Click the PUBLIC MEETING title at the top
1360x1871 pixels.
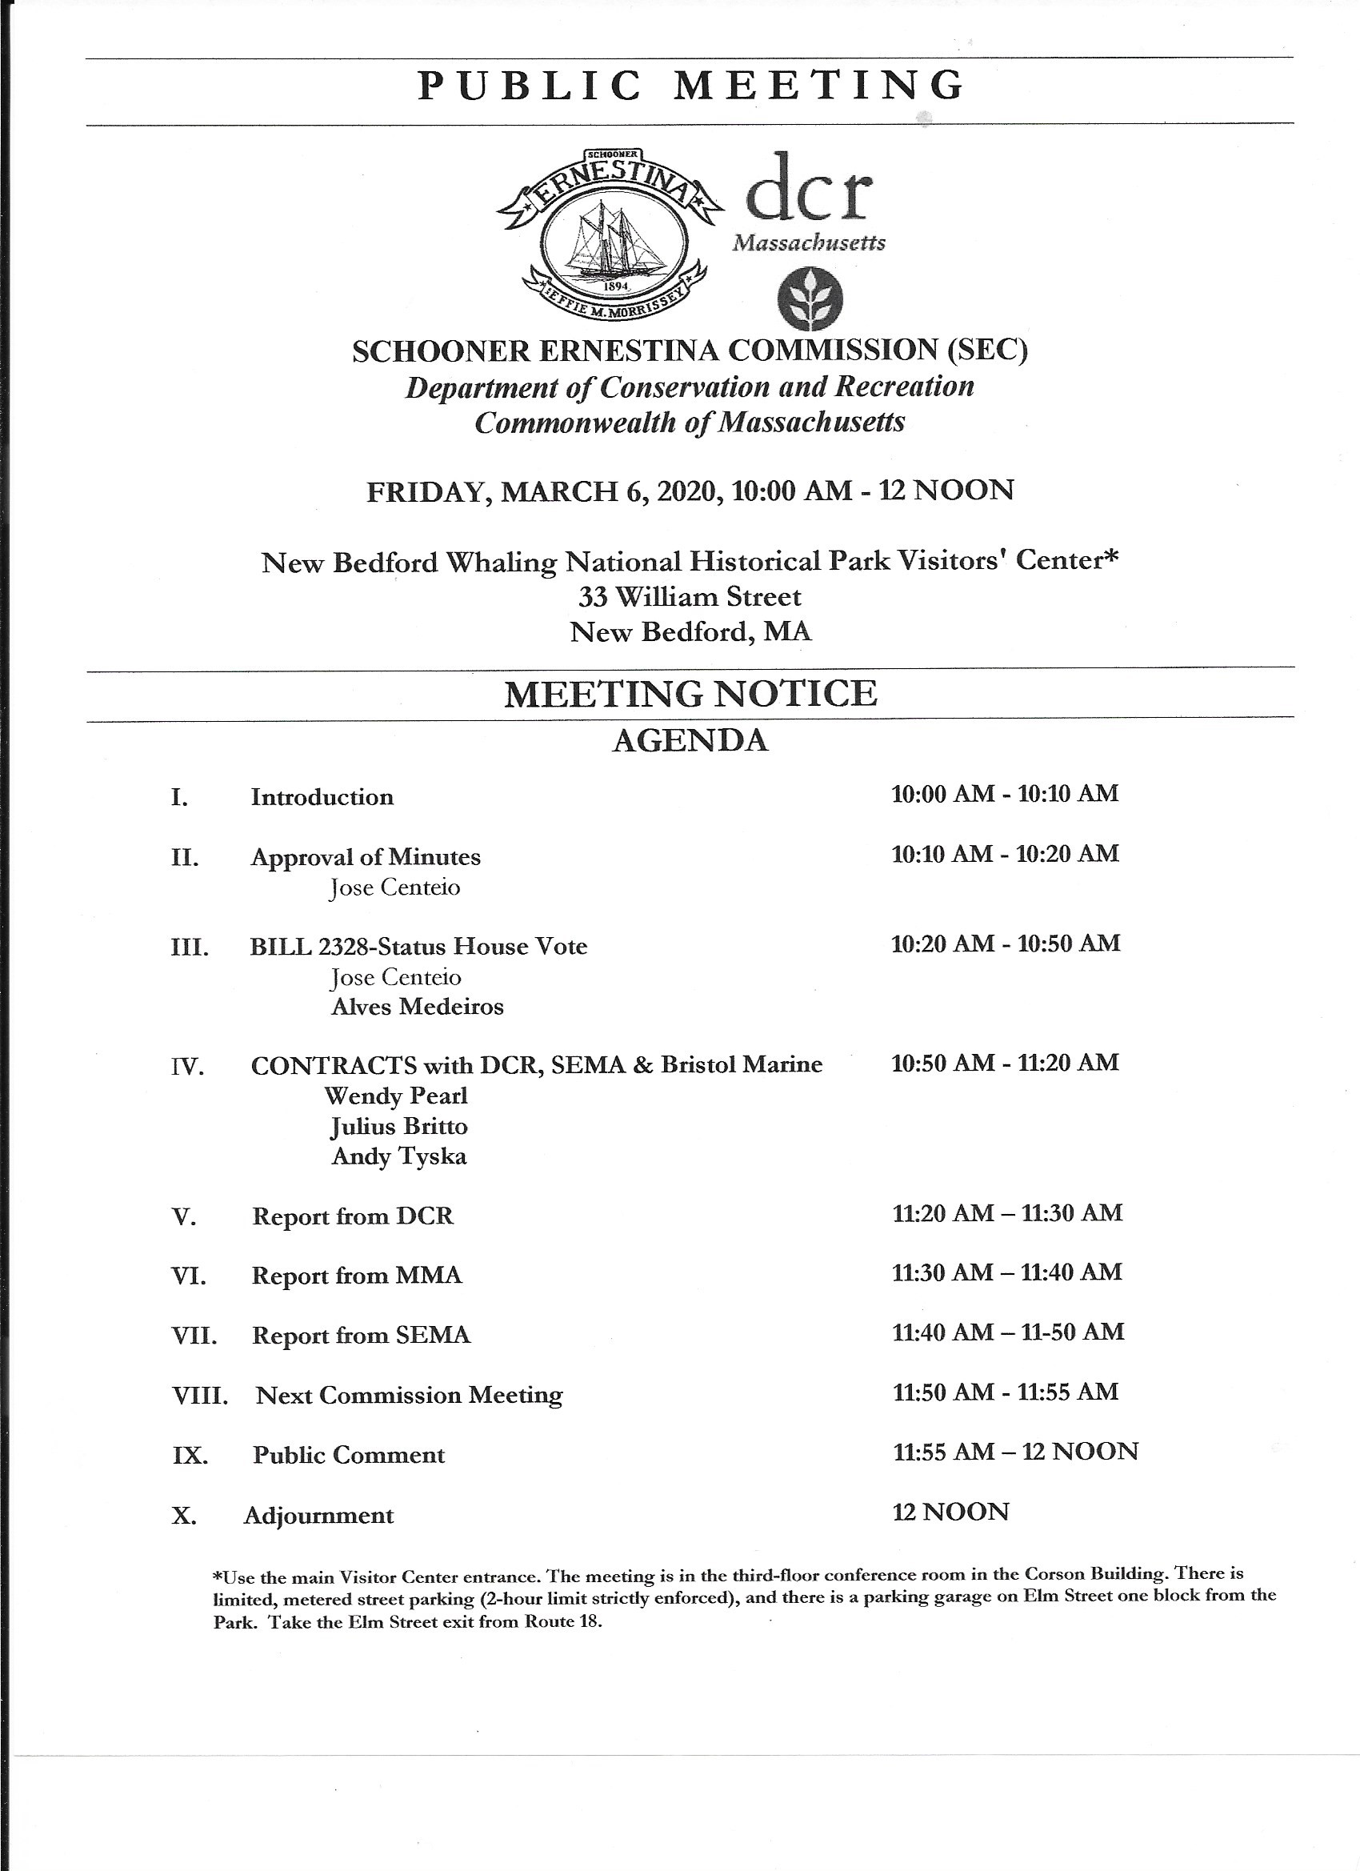pos(690,86)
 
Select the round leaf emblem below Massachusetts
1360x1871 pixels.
pos(810,298)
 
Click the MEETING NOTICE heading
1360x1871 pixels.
pos(690,694)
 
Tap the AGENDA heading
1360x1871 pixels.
pos(690,740)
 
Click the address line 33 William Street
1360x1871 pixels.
pos(690,595)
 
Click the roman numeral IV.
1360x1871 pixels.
pos(187,1068)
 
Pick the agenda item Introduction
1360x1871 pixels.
pos(322,798)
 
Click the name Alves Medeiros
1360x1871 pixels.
pos(418,1007)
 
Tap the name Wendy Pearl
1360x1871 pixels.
pos(396,1096)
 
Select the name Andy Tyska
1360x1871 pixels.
pos(399,1156)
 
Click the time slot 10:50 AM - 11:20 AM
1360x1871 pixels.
pos(1005,1063)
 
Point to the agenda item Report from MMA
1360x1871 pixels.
pos(357,1276)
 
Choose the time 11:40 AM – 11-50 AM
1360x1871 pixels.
pos(1008,1332)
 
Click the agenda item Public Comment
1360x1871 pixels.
pos(349,1454)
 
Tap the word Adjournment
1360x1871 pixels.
pos(319,1516)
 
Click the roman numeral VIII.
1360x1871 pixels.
pos(199,1396)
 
